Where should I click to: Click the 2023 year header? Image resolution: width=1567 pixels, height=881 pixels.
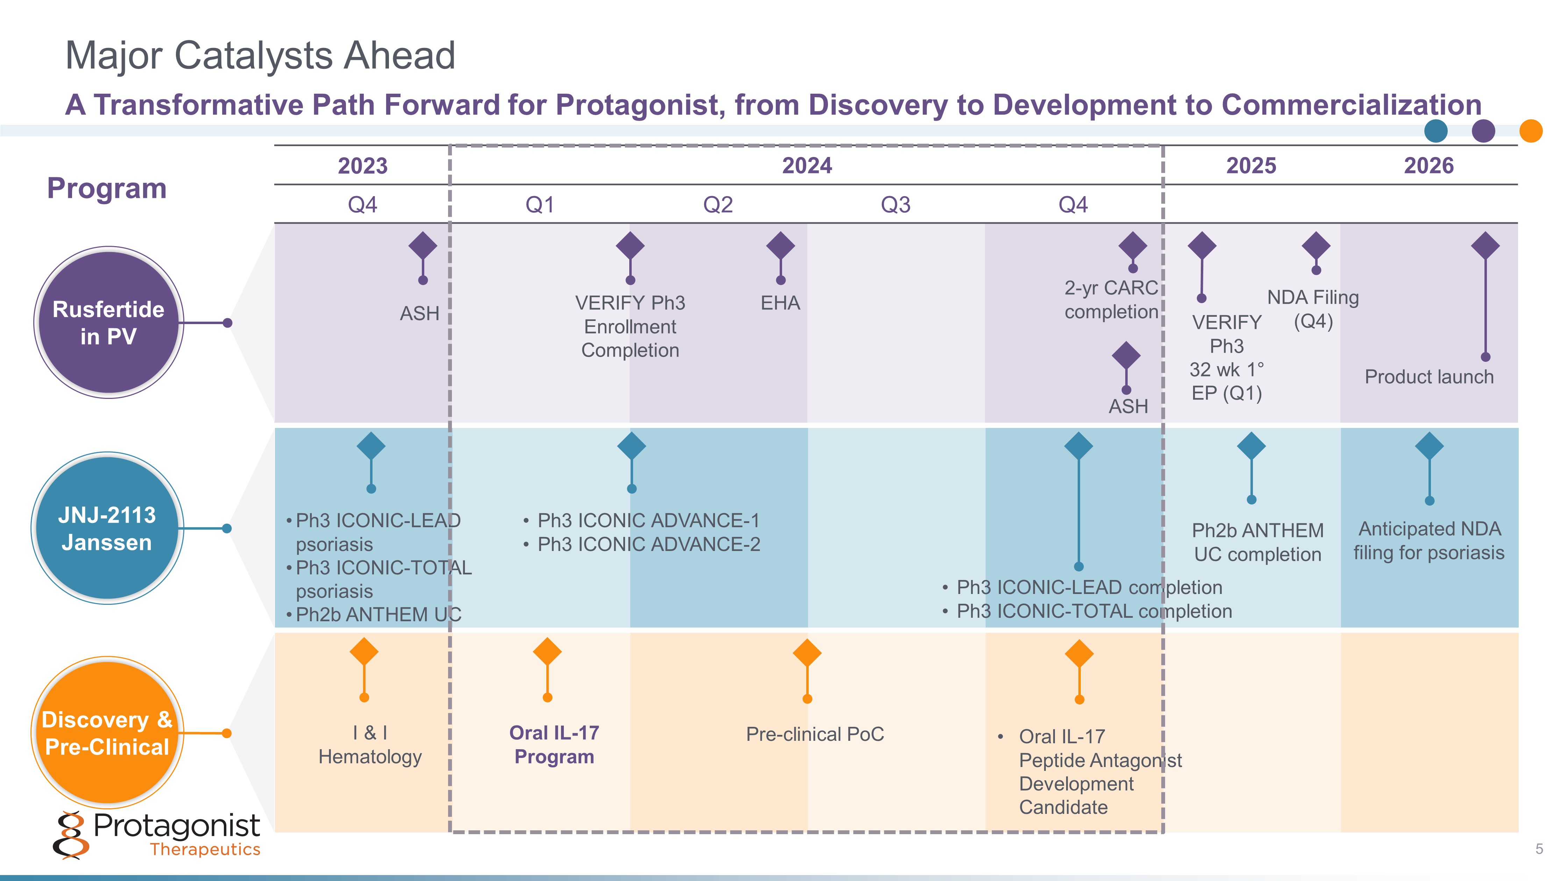click(363, 165)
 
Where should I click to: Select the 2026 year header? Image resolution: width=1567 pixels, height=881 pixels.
click(1428, 165)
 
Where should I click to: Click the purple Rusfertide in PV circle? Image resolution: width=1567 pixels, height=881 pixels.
click(108, 322)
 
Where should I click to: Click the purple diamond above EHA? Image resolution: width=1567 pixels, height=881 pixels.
click(780, 246)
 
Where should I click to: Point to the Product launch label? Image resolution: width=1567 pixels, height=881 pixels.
click(1429, 377)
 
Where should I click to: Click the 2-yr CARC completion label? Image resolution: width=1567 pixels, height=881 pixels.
click(1111, 300)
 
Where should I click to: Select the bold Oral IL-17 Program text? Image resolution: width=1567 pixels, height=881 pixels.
click(554, 744)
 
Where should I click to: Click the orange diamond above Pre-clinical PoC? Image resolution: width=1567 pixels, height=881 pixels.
click(807, 653)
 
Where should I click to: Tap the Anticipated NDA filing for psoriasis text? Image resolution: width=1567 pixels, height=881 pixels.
click(1429, 540)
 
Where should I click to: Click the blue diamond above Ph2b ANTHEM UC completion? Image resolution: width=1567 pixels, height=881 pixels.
click(1251, 447)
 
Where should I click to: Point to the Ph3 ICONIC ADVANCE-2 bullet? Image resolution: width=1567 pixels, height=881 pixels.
click(648, 544)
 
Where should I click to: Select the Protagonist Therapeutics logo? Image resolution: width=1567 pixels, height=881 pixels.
click(157, 834)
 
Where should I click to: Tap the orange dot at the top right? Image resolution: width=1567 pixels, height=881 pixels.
click(1531, 131)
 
